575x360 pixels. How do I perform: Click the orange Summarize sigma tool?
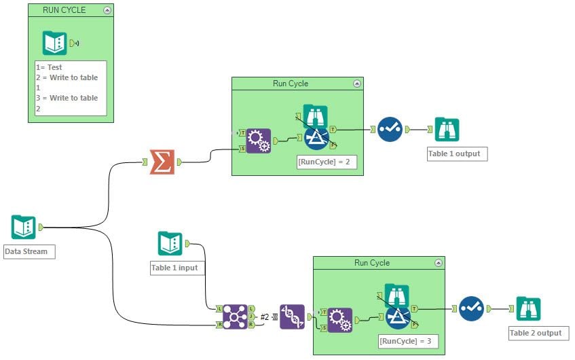(x=162, y=162)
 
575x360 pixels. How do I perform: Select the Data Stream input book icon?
(x=24, y=227)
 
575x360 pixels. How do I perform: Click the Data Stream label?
(x=27, y=251)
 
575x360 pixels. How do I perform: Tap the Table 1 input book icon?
(x=170, y=243)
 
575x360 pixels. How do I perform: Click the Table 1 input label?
(x=175, y=268)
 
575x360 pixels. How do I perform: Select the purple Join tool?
(x=235, y=317)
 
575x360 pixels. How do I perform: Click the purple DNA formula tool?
(x=292, y=317)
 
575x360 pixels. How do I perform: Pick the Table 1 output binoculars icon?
(x=447, y=129)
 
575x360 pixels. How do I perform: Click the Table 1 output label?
(x=454, y=154)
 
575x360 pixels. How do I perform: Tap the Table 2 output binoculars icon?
(x=528, y=308)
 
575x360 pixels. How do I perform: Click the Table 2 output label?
(x=536, y=333)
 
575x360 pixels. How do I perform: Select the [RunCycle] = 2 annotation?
(x=327, y=162)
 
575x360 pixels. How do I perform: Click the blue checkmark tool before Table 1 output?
(x=390, y=129)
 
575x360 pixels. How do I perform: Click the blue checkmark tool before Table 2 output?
(x=471, y=308)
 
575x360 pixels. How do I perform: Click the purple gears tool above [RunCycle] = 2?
(x=258, y=141)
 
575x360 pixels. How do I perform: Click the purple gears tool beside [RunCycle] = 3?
(x=339, y=320)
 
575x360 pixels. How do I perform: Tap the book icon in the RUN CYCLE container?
(x=55, y=43)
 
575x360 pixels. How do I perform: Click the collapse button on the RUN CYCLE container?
(x=107, y=10)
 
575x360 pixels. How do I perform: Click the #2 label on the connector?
(x=265, y=317)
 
